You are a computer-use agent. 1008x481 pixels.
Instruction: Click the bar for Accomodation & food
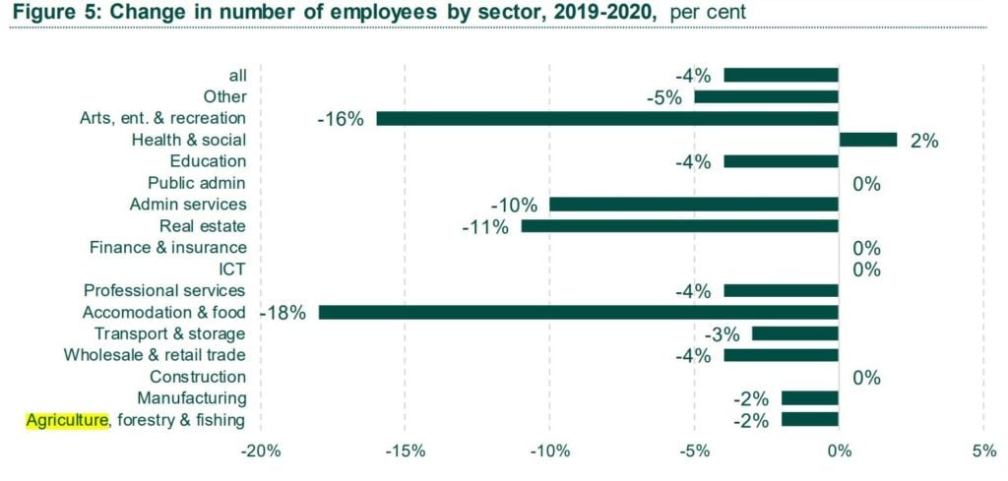tap(578, 312)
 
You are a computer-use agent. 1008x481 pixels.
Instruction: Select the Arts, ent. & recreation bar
tap(606, 118)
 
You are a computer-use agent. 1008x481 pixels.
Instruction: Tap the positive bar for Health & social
tap(867, 140)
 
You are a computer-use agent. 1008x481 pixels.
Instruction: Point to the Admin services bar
tap(693, 205)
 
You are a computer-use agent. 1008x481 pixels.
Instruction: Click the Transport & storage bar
tap(794, 333)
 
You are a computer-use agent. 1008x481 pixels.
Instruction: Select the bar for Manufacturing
tap(809, 398)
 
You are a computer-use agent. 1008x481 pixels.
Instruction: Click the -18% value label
tap(284, 313)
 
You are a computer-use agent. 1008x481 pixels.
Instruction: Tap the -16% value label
tap(341, 119)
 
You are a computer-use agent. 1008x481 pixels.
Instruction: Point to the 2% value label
tap(923, 141)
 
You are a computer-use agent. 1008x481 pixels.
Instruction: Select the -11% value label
tap(485, 227)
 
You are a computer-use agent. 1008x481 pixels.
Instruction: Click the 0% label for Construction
tap(866, 378)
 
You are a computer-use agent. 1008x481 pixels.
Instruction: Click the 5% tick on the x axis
tap(982, 451)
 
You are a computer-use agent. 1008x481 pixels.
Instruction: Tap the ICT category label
tap(232, 269)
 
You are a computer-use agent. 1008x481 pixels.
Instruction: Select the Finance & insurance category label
tap(167, 248)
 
